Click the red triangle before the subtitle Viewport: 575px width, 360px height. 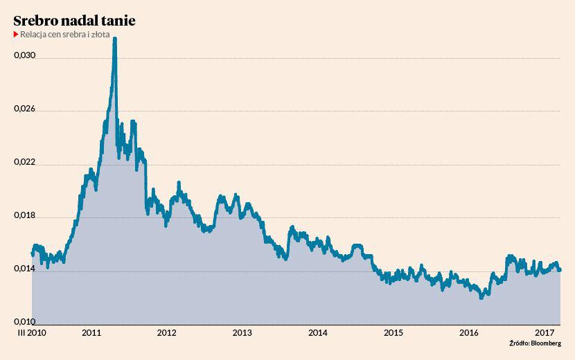point(16,34)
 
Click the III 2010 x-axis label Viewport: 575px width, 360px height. point(30,333)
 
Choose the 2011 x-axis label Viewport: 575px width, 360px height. point(92,333)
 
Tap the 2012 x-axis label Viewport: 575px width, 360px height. point(167,333)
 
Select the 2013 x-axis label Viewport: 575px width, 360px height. point(242,333)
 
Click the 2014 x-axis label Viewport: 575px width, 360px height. point(318,333)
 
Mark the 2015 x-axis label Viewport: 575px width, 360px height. point(393,333)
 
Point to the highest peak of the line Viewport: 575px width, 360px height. point(114,39)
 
